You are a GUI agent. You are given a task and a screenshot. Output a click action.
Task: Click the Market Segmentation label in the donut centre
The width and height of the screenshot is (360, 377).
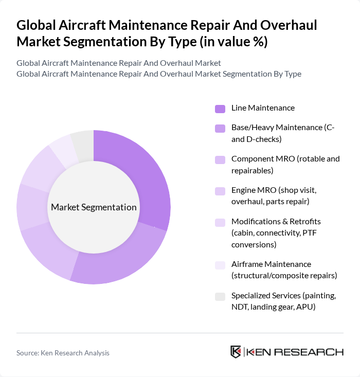(94, 207)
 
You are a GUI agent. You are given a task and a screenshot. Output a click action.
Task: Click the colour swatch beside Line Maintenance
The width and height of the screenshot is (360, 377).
(220, 109)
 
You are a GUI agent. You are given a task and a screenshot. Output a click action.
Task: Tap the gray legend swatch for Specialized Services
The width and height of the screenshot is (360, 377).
(220, 297)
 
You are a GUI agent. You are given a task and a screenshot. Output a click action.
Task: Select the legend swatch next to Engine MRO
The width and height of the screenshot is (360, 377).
(220, 191)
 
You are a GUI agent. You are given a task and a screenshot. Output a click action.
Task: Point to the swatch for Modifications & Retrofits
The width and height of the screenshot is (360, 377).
(220, 223)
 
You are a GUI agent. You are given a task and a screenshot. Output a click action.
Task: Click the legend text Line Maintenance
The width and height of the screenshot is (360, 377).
(263, 108)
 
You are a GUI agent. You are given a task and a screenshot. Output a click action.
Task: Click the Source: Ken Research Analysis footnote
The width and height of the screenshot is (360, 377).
(63, 353)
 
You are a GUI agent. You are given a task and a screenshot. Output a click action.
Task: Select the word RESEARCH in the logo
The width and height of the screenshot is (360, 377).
(314, 352)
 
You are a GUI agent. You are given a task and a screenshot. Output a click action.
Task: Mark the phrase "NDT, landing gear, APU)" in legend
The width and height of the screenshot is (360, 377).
(273, 307)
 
